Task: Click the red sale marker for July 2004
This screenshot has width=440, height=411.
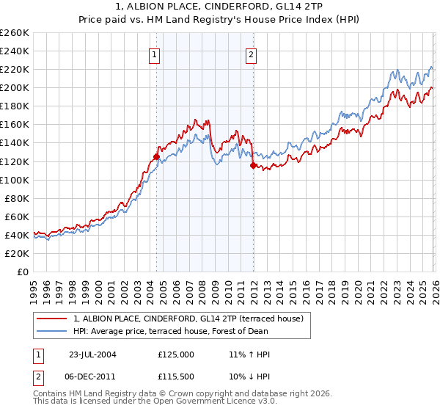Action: [x=157, y=156]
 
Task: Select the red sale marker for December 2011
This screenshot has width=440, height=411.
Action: [x=253, y=166]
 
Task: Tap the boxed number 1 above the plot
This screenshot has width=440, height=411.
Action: [x=155, y=54]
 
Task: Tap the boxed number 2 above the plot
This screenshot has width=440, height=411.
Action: [x=251, y=54]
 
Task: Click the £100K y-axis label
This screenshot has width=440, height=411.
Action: [x=15, y=180]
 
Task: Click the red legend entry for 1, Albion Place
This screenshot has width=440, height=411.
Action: [x=192, y=318]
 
